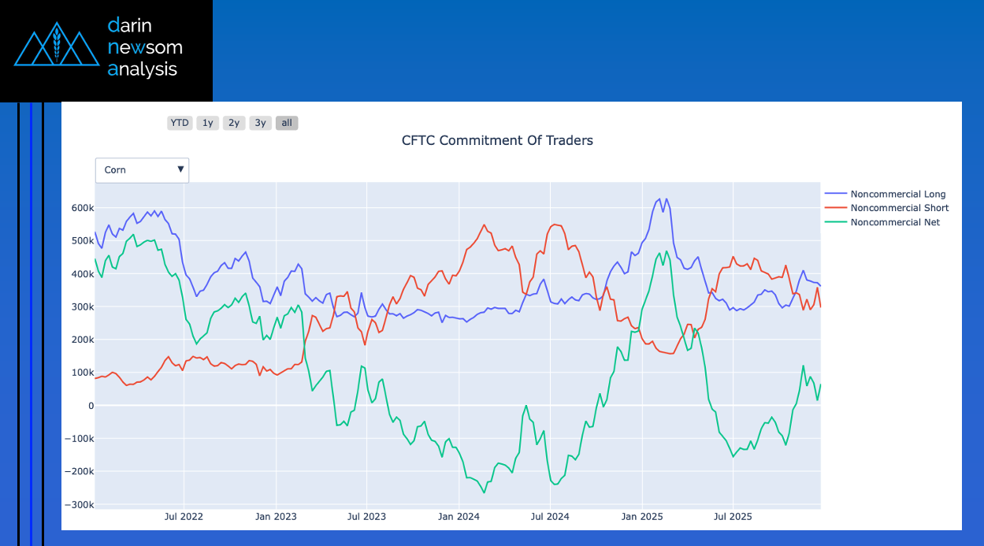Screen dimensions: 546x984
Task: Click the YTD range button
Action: click(x=180, y=123)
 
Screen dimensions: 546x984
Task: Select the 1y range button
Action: click(x=207, y=123)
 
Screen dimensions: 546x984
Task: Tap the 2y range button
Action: click(x=234, y=123)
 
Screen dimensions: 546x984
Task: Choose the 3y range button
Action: click(x=261, y=123)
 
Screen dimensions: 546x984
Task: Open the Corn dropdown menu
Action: click(x=142, y=169)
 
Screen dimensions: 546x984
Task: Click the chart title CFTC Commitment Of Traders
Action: click(x=497, y=141)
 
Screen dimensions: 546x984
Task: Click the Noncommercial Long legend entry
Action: click(x=897, y=194)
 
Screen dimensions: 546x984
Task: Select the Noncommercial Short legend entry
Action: click(x=899, y=208)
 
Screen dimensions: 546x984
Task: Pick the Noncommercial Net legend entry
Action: click(x=895, y=222)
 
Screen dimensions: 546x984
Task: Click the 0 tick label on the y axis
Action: click(x=90, y=406)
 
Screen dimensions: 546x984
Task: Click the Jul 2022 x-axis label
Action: click(x=184, y=518)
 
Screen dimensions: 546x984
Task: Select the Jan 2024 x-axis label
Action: click(x=459, y=518)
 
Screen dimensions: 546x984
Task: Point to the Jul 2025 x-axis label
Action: click(x=733, y=518)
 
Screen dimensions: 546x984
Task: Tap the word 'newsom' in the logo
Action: click(x=145, y=47)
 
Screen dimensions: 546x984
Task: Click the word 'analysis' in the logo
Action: click(x=143, y=69)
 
